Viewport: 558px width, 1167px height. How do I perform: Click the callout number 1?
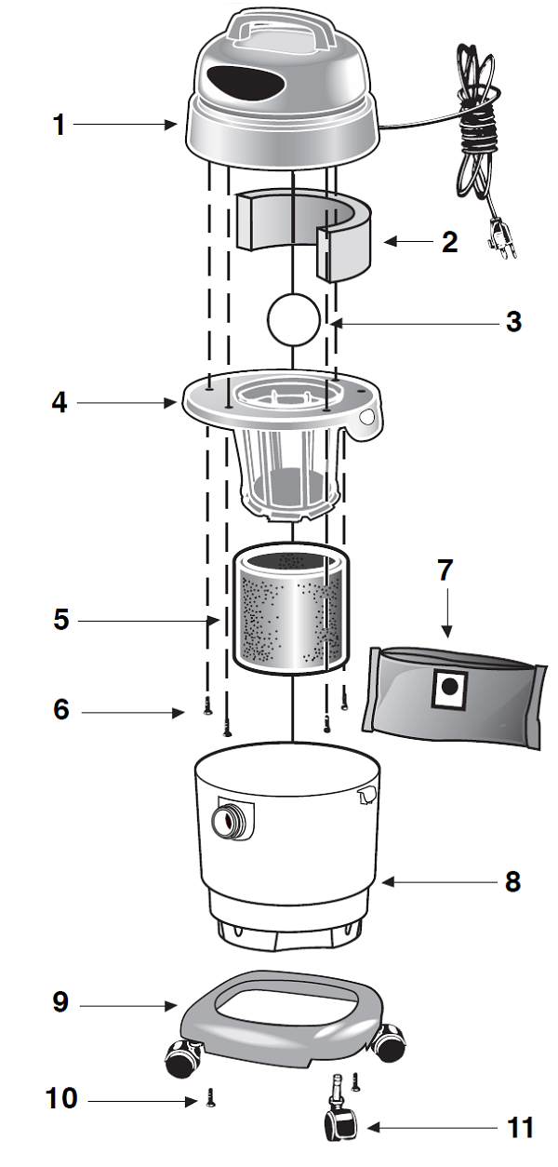pyautogui.click(x=59, y=124)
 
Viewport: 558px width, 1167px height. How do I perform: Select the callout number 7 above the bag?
pyautogui.click(x=445, y=570)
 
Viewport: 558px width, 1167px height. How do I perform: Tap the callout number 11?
pyautogui.click(x=521, y=1128)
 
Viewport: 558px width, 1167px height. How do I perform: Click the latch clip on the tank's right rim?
pyautogui.click(x=365, y=792)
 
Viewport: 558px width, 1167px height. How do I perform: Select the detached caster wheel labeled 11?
pyautogui.click(x=336, y=1121)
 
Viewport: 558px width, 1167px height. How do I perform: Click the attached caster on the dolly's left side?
pyautogui.click(x=179, y=1055)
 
